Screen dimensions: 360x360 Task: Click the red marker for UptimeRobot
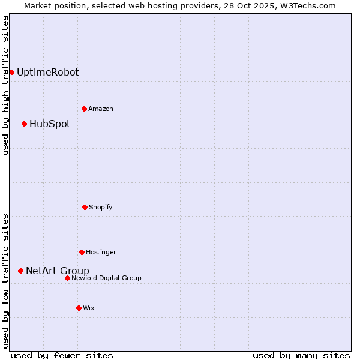[11, 72]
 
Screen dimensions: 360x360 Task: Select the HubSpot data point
[24, 124]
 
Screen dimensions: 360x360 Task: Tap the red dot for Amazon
[84, 109]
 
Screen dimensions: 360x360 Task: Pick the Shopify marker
[85, 207]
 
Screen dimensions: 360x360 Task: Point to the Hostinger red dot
[82, 252]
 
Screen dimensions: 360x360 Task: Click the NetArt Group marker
[20, 271]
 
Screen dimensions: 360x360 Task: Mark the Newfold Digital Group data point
[67, 278]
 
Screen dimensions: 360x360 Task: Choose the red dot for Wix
[79, 308]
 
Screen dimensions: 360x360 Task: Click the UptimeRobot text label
[47, 72]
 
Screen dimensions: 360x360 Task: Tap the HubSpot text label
[50, 124]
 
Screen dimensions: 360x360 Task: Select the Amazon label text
[101, 109]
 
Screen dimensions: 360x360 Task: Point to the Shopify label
[101, 207]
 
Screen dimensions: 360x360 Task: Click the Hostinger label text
[101, 252]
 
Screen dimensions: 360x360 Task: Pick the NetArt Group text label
[58, 271]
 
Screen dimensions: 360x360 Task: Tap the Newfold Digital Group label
[106, 278]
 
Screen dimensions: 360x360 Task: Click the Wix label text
[89, 308]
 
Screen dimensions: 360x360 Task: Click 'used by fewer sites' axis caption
[62, 355]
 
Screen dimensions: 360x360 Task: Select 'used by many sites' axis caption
[301, 355]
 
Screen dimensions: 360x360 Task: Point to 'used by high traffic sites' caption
[5, 85]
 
